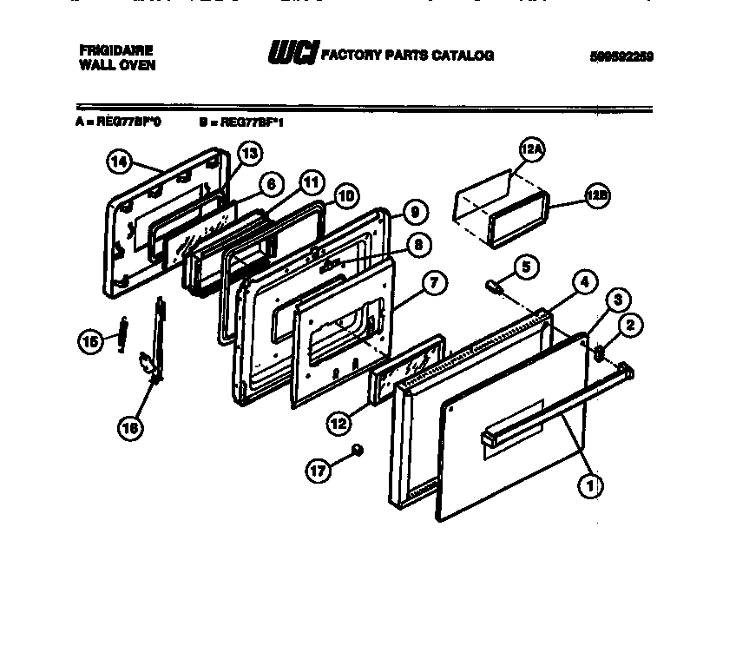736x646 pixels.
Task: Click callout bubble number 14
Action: (119, 161)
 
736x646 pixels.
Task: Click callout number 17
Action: (319, 471)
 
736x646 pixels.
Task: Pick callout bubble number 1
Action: (590, 487)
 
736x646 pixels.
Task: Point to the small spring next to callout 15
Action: (124, 332)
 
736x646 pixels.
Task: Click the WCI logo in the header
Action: (292, 53)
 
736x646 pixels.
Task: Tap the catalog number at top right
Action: (620, 56)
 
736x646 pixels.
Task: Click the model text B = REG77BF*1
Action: (241, 122)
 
